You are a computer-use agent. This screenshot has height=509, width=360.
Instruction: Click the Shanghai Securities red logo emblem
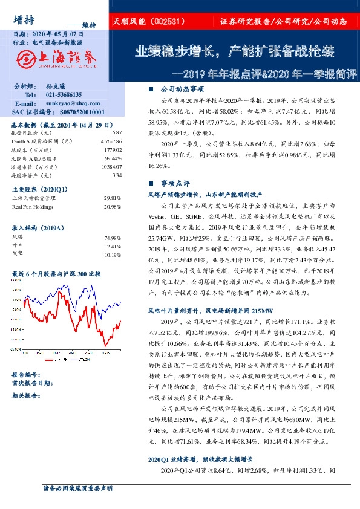[25, 58]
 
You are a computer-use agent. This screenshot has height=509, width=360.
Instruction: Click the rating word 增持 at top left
[23, 21]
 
